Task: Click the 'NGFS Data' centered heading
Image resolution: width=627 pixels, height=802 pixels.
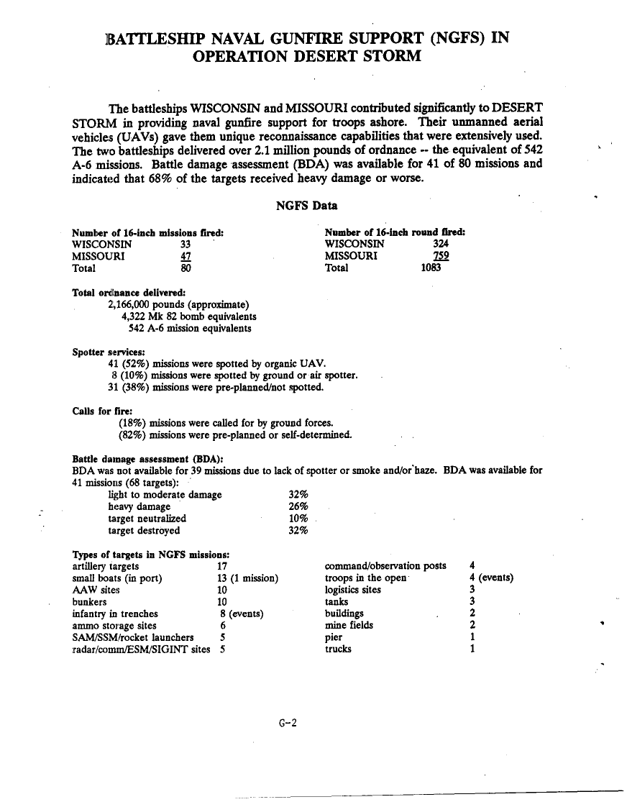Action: (307, 206)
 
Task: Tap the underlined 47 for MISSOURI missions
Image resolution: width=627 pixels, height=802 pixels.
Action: (185, 256)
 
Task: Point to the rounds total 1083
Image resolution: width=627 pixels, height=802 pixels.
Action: (433, 268)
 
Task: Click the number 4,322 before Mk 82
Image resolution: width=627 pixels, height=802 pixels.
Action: (135, 316)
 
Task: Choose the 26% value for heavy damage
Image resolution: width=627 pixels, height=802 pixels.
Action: (298, 507)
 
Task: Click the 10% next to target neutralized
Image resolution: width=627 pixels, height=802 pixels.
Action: (298, 519)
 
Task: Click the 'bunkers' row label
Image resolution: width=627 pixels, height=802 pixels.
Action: (90, 601)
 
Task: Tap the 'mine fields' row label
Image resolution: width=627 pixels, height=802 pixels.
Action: (349, 625)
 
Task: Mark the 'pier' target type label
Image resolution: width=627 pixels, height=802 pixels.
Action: (334, 637)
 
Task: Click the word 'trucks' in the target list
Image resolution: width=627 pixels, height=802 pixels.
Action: (338, 649)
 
